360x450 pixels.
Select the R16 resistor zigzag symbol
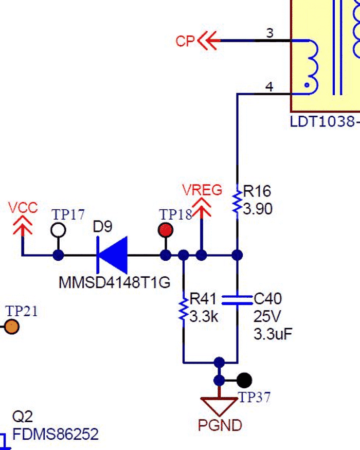pyautogui.click(x=237, y=202)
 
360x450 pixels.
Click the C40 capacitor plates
pyautogui.click(x=237, y=299)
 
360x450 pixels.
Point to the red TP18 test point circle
pyautogui.click(x=166, y=230)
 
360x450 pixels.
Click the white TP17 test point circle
pyautogui.click(x=59, y=230)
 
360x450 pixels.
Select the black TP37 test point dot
pyautogui.click(x=244, y=380)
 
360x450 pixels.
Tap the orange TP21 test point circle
pyautogui.click(x=12, y=326)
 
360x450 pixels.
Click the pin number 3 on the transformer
pyautogui.click(x=269, y=33)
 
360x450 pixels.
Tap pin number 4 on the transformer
pyautogui.click(x=269, y=87)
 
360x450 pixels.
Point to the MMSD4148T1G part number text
pyautogui.click(x=114, y=282)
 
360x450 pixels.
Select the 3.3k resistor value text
pyautogui.click(x=204, y=317)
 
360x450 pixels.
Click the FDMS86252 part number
pyautogui.click(x=55, y=435)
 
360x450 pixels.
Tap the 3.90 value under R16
pyautogui.click(x=258, y=209)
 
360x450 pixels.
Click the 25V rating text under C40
pyautogui.click(x=265, y=316)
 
